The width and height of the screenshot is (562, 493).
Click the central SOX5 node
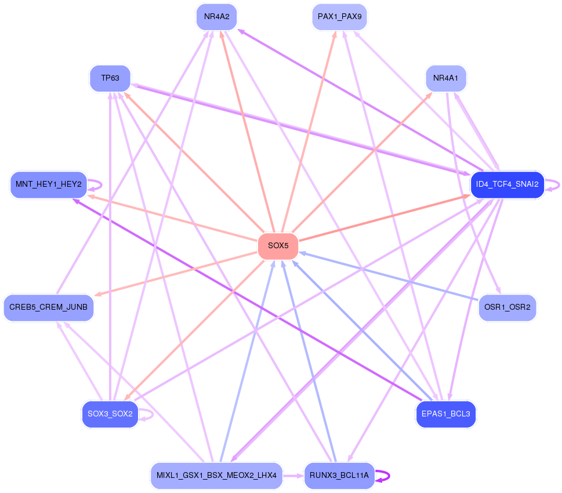tap(278, 246)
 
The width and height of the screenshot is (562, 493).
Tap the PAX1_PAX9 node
tap(339, 17)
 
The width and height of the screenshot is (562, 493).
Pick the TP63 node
tap(110, 78)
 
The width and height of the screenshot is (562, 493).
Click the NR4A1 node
tap(446, 78)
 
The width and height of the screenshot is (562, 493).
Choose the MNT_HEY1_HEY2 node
tap(48, 184)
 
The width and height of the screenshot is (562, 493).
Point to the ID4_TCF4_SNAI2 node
tap(507, 184)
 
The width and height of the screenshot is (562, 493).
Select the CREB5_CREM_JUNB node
tap(48, 307)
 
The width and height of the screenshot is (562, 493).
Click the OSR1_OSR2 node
tap(507, 307)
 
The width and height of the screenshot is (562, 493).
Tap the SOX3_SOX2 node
tap(110, 414)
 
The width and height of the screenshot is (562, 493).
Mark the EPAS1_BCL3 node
tap(446, 414)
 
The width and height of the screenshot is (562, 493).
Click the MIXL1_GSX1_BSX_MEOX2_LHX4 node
tap(216, 476)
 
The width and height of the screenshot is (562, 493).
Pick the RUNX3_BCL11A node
tap(339, 476)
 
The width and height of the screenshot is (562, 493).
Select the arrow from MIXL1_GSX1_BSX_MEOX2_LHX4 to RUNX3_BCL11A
tap(293, 476)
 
